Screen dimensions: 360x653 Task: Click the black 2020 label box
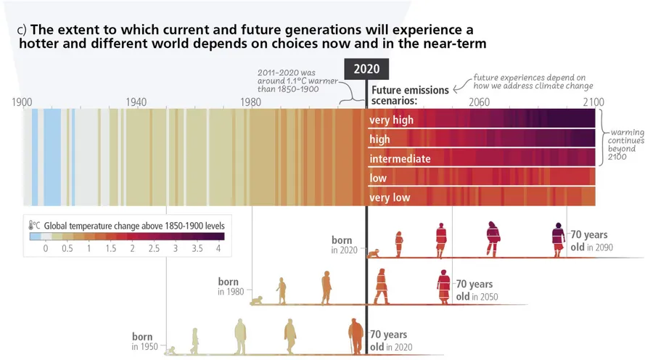366,69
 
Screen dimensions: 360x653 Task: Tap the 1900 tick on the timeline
22,102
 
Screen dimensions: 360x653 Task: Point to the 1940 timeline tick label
136,102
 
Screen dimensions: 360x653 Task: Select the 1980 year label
251,102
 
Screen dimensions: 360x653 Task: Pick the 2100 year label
593,102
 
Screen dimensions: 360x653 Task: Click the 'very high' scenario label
391,120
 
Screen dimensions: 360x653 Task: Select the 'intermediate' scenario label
400,159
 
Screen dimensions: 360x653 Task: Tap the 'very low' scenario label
390,197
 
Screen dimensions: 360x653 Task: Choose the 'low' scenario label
378,179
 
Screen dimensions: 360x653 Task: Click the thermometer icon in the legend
33,226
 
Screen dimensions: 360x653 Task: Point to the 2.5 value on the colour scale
153,249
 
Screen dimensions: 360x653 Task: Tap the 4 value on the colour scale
218,249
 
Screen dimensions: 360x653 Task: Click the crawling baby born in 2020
375,253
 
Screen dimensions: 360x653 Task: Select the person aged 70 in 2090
558,240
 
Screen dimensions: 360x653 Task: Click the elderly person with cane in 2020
355,337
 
